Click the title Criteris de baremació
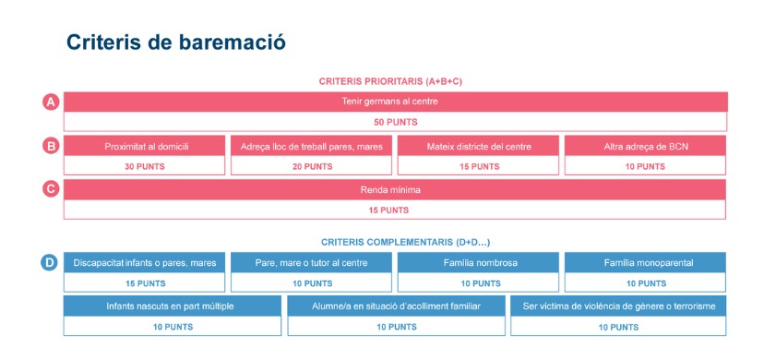point(176,42)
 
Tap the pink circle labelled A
point(51,102)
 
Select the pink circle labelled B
point(51,146)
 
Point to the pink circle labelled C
point(51,189)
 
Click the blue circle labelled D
point(49,263)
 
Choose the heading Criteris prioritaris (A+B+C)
point(390,81)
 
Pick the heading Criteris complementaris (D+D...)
point(405,242)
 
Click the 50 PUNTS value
point(396,122)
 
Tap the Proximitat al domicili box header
point(144,146)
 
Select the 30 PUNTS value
point(145,166)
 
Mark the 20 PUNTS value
point(312,166)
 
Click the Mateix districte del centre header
point(479,146)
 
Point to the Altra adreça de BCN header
point(646,146)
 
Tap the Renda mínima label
point(390,190)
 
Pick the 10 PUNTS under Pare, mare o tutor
point(312,283)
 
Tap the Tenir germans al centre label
point(389,102)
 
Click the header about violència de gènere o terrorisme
point(618,306)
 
